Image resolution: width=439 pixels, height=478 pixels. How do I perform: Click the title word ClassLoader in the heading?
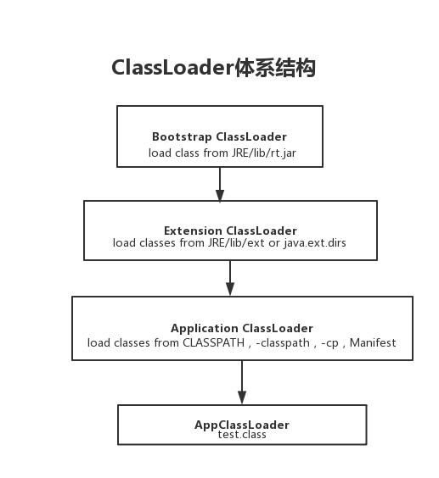coord(172,69)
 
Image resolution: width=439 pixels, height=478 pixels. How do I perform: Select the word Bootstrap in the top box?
coord(182,136)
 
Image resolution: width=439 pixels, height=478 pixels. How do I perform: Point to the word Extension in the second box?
coord(193,231)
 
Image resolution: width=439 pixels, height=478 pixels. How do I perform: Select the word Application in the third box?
coord(205,328)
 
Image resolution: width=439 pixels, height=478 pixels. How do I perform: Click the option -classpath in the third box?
coord(283,343)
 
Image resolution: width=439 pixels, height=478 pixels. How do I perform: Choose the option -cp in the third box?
coord(330,343)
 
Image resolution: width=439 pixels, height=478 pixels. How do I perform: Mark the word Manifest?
coord(373,343)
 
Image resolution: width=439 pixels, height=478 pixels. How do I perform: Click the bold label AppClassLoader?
coord(242,425)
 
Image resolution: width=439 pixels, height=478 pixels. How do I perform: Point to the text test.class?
coord(242,435)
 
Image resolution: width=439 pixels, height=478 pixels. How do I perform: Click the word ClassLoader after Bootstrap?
coord(251,136)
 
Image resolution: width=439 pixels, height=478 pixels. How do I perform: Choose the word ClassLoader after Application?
coord(278,328)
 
